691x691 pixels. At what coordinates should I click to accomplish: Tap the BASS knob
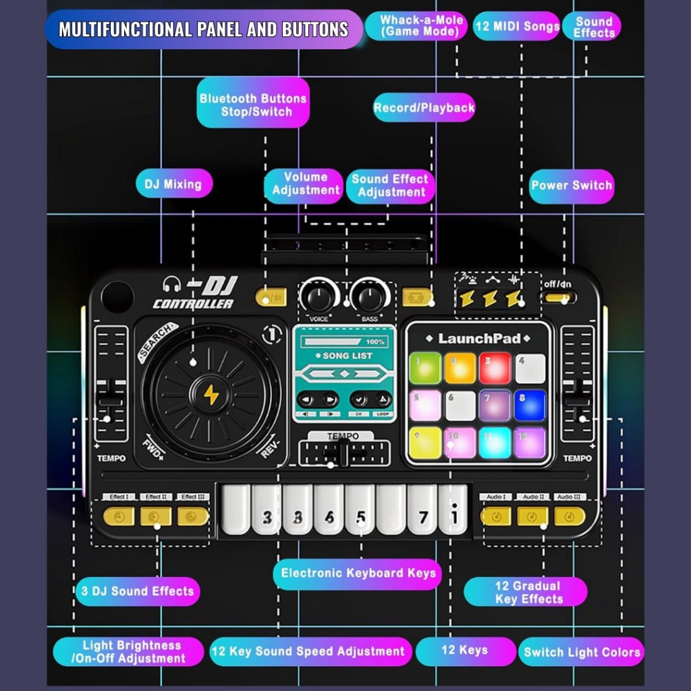370,297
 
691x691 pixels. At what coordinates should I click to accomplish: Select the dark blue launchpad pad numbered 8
530,405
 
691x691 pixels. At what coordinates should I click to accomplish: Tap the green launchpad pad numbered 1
426,368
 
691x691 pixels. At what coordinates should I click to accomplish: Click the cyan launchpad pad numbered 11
495,443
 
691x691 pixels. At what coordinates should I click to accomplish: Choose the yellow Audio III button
570,516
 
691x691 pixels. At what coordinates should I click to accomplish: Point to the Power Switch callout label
572,186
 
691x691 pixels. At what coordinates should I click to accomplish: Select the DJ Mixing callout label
173,184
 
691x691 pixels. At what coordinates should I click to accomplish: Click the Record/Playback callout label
424,107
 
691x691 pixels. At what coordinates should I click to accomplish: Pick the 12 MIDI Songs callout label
517,27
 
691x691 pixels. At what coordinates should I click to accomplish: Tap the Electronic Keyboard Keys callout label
358,574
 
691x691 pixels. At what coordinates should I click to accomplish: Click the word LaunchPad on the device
479,338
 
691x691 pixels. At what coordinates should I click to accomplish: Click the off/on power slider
559,298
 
